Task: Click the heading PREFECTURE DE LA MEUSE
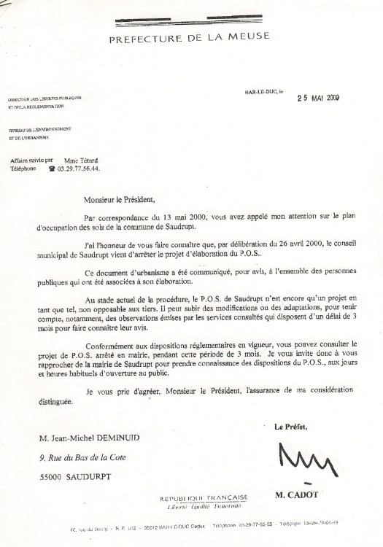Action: pyautogui.click(x=189, y=36)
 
